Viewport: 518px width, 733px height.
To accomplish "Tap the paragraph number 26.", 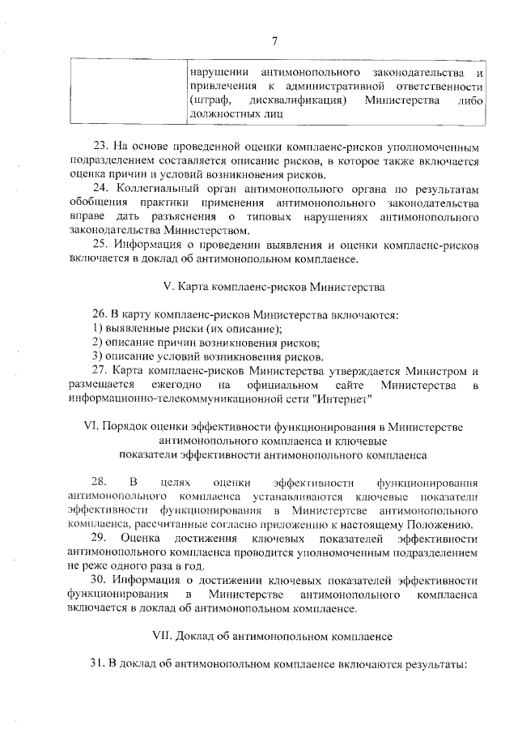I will tap(98, 314).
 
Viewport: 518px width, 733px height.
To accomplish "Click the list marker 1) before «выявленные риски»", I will tap(96, 329).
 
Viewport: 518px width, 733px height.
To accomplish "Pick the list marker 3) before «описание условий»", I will tap(96, 356).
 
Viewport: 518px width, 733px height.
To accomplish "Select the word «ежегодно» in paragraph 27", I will tap(175, 385).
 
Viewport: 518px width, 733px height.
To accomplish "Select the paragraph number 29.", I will tap(100, 539).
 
